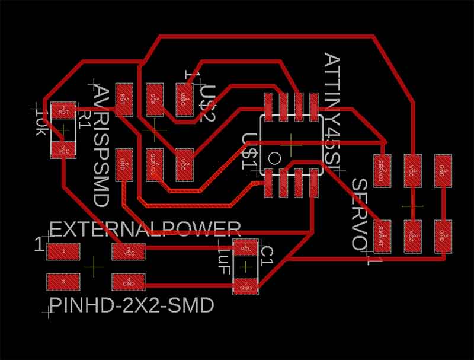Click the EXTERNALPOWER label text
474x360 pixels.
145,229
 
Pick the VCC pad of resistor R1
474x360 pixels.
63,151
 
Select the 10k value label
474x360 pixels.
41,122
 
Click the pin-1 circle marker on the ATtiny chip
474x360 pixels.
275,158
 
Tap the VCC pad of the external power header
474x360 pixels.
129,251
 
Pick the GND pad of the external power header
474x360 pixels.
129,281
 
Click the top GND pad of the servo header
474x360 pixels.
443,170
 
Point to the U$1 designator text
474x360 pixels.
249,151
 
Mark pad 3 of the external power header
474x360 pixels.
63,281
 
